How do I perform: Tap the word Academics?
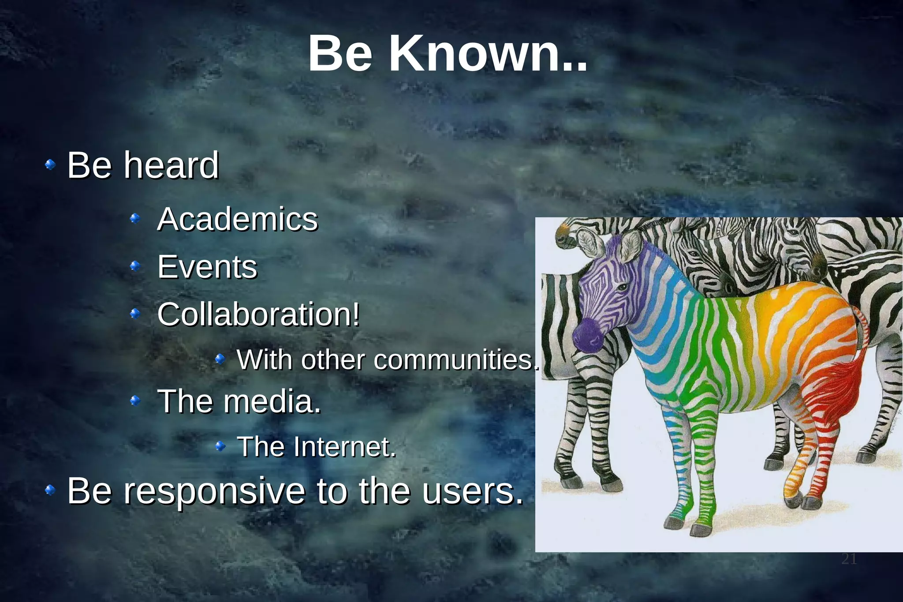pyautogui.click(x=237, y=219)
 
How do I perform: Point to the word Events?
pyautogui.click(x=207, y=267)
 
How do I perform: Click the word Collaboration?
pyautogui.click(x=258, y=314)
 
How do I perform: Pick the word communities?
pyautogui.click(x=456, y=360)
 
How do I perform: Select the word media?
pyautogui.click(x=272, y=401)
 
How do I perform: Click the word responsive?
pyautogui.click(x=214, y=490)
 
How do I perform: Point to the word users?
pyautogui.click(x=472, y=490)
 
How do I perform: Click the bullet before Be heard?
pyautogui.click(x=50, y=165)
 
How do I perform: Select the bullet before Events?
pyautogui.click(x=135, y=266)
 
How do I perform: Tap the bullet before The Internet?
pyautogui.click(x=220, y=447)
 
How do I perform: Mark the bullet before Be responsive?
pyautogui.click(x=50, y=490)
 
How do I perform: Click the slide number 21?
pyautogui.click(x=849, y=559)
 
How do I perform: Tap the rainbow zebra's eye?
pyautogui.click(x=621, y=288)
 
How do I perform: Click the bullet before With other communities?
pyautogui.click(x=220, y=359)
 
